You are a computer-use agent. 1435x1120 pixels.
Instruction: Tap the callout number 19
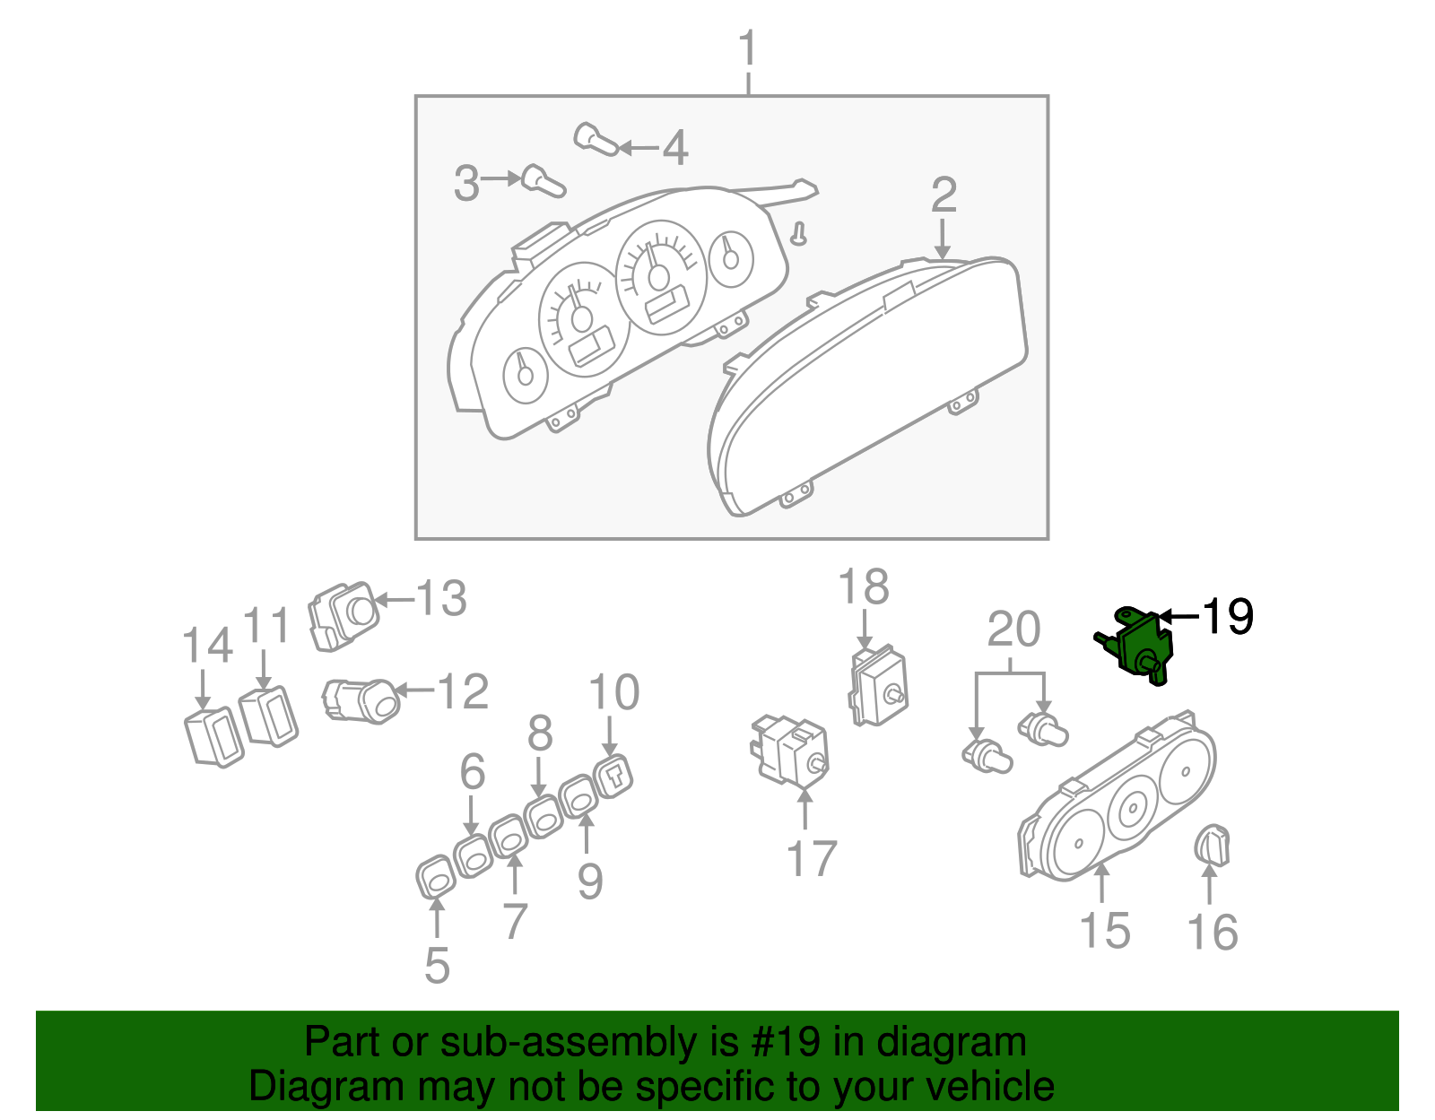[x=1227, y=616]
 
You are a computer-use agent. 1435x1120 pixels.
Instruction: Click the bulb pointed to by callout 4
[x=596, y=139]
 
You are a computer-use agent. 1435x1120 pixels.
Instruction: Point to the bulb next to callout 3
[x=544, y=181]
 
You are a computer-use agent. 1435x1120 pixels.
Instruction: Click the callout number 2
[x=944, y=195]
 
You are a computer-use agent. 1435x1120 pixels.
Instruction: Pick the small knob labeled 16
[x=1213, y=846]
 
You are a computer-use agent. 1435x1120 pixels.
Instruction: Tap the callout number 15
[x=1105, y=932]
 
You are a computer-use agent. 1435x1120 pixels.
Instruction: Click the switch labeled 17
[x=790, y=751]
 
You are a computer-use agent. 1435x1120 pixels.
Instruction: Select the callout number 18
[x=864, y=586]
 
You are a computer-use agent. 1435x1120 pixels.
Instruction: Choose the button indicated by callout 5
[x=436, y=877]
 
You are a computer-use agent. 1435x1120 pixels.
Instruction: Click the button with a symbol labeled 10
[x=613, y=778]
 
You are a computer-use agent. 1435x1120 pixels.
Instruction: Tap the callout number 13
[x=441, y=599]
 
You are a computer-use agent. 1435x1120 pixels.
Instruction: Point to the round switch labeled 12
[x=361, y=701]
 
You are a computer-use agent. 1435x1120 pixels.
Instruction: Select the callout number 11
[x=266, y=625]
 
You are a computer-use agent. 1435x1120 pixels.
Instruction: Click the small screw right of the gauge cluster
[x=799, y=234]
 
